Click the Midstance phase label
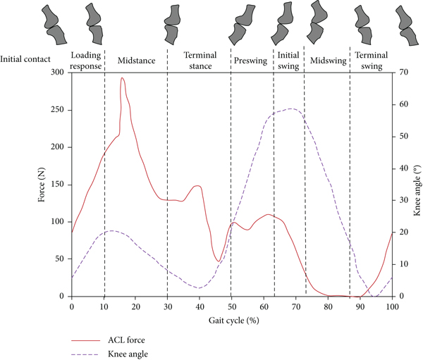pos(136,61)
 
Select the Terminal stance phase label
pos(200,60)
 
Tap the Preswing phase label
pos(252,61)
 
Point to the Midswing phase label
pos(328,61)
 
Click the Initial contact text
pos(27,61)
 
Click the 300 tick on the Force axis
pos(58,73)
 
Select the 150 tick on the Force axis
pos(58,185)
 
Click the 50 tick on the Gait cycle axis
pos(231,308)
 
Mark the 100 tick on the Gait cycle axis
pos(391,308)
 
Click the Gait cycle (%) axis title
pos(231,321)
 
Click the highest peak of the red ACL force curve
pos(122,78)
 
